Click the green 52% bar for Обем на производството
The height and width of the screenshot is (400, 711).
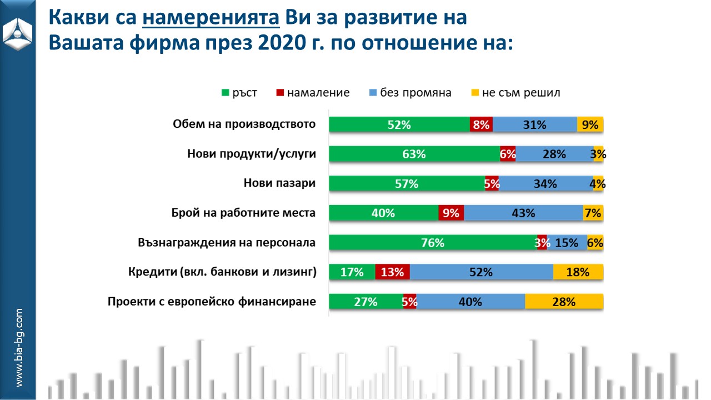pyautogui.click(x=399, y=125)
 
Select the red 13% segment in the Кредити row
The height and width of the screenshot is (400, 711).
pyautogui.click(x=392, y=272)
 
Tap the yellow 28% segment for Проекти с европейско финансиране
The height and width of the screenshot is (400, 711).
pyautogui.click(x=564, y=302)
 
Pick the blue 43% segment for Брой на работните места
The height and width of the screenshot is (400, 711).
pyautogui.click(x=523, y=213)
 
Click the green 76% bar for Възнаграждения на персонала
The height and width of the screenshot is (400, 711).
pyautogui.click(x=433, y=243)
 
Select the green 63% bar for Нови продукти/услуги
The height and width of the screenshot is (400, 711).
pyautogui.click(x=414, y=154)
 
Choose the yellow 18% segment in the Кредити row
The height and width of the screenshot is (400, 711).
pyautogui.click(x=578, y=272)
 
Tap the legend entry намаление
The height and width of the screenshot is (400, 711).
pyautogui.click(x=313, y=93)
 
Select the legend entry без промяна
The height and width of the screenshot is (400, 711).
pyautogui.click(x=410, y=93)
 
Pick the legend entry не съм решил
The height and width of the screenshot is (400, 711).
pyautogui.click(x=515, y=93)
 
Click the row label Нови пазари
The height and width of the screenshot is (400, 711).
pyautogui.click(x=279, y=183)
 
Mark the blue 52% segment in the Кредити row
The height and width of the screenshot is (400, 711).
pyautogui.click(x=481, y=272)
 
